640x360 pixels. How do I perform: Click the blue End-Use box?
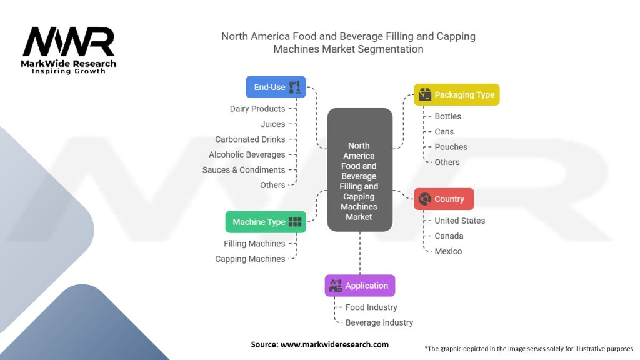276,87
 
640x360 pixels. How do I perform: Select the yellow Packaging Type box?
457,95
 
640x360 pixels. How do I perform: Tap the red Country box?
444,199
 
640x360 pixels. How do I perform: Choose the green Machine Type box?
266,222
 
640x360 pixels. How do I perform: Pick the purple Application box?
360,286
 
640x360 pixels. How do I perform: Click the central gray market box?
360,170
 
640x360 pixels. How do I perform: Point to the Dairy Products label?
257,109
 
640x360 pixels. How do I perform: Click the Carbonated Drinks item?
250,139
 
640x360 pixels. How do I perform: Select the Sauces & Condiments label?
244,170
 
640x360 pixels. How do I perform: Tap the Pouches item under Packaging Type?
451,147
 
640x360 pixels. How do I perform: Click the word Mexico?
448,251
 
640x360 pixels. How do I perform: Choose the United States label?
459,221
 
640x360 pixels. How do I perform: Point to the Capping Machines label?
250,259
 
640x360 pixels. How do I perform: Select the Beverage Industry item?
379,323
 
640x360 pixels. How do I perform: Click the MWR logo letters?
69,42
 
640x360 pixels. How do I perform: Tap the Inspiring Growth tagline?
69,71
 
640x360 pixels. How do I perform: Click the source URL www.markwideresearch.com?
335,344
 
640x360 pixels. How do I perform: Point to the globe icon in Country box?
424,199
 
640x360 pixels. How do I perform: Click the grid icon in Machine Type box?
295,222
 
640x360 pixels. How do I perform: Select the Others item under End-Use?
272,185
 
